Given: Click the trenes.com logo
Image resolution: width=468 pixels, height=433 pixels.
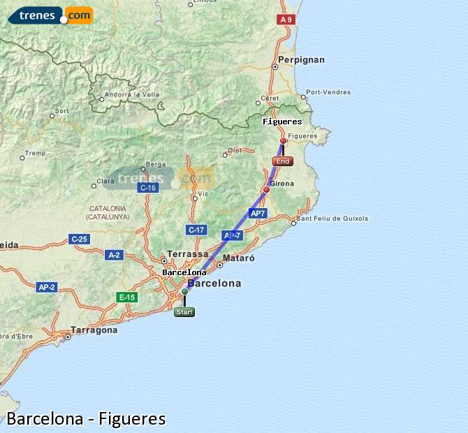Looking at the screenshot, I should click(x=50, y=15).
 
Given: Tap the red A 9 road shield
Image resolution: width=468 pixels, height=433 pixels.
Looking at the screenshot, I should click(x=285, y=20).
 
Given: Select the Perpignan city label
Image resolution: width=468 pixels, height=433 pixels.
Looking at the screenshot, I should click(x=301, y=60).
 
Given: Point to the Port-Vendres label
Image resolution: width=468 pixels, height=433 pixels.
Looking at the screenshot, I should click(x=328, y=91).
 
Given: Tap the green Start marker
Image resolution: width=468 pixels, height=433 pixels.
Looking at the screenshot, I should click(x=184, y=312).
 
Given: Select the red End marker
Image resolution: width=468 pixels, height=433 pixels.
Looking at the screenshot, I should click(x=283, y=161).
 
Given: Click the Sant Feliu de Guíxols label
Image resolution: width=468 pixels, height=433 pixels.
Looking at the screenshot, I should click(x=332, y=219).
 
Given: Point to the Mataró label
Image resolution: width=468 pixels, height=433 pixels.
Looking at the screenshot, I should click(x=238, y=258).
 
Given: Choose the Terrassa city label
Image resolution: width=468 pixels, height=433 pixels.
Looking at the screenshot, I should click(x=188, y=254).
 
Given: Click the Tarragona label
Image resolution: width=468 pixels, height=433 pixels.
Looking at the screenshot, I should click(x=94, y=330).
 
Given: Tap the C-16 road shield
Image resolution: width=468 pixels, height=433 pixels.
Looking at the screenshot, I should click(x=147, y=188).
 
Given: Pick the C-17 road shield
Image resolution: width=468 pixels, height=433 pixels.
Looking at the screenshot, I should click(x=196, y=230).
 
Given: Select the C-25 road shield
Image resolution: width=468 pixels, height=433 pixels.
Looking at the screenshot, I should click(x=79, y=240).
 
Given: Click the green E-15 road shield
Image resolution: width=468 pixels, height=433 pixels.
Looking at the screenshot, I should click(x=126, y=298).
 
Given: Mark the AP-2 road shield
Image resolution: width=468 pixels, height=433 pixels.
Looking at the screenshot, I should click(x=47, y=287).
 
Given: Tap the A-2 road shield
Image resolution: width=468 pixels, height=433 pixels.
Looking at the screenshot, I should click(x=113, y=255).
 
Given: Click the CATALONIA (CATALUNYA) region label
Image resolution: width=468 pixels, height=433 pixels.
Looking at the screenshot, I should click(x=108, y=212).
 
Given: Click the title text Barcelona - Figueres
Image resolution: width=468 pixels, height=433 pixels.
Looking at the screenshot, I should click(x=86, y=419).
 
